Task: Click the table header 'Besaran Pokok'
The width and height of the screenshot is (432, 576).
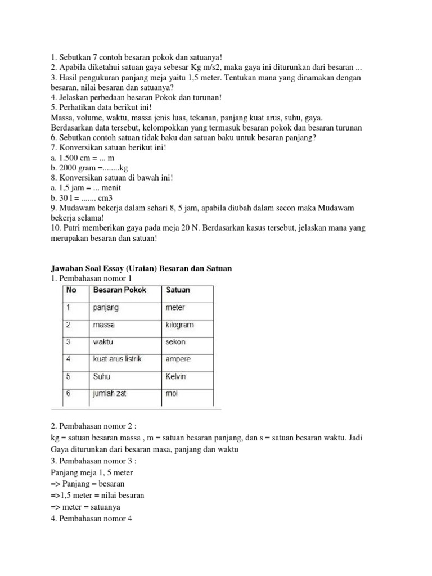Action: tap(119, 290)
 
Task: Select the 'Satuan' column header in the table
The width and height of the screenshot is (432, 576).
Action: tap(178, 290)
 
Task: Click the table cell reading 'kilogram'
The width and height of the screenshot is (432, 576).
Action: tap(179, 325)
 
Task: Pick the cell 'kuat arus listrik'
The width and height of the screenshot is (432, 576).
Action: tap(118, 359)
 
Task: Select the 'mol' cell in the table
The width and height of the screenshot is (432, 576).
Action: tap(172, 393)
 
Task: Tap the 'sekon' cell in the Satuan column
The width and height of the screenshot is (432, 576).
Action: tap(175, 341)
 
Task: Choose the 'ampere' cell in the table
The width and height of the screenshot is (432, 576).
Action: tap(178, 359)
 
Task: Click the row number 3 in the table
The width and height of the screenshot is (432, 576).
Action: tap(68, 341)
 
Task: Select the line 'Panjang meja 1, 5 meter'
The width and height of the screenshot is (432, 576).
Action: tap(92, 472)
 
